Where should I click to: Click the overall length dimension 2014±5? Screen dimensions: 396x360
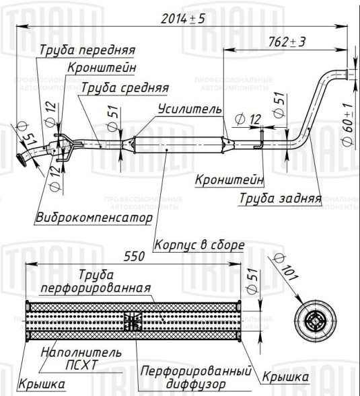tap(183, 19)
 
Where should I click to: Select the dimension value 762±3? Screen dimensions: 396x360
tap(287, 42)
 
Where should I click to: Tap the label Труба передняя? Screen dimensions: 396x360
tap(87, 50)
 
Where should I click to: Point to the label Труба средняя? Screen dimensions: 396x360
tap(124, 87)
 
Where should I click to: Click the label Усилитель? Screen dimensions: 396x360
tap(189, 108)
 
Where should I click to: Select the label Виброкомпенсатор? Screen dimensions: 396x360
tap(94, 218)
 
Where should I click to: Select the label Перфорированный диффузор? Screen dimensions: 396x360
tap(196, 377)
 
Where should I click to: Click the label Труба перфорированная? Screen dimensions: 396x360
tap(94, 282)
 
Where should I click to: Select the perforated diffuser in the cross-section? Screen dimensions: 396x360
tap(133, 322)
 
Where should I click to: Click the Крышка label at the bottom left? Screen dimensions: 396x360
tap(42, 384)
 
